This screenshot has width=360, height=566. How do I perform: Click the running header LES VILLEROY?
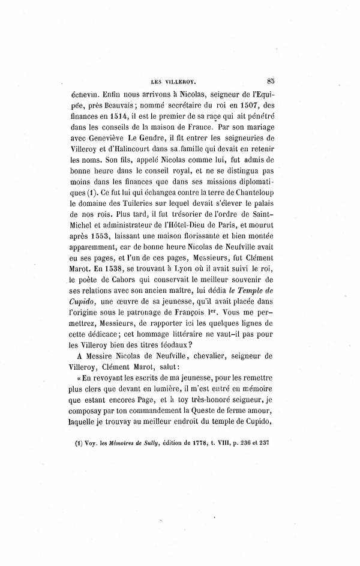coord(181,77)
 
